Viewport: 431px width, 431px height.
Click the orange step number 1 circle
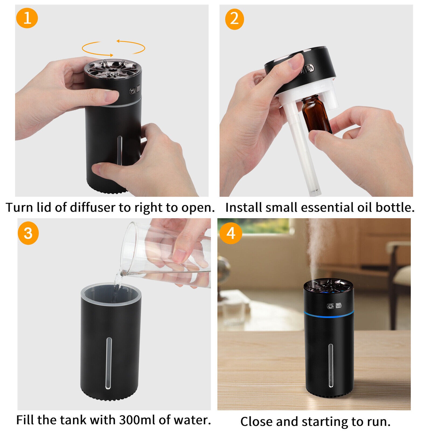[x=27, y=18]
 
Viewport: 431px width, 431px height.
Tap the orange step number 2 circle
[x=234, y=19]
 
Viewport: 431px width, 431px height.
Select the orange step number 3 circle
[x=28, y=234]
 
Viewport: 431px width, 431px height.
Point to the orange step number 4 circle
[x=231, y=233]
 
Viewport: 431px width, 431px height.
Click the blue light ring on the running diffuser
[x=328, y=313]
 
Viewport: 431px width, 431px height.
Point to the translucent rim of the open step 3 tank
[x=111, y=288]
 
